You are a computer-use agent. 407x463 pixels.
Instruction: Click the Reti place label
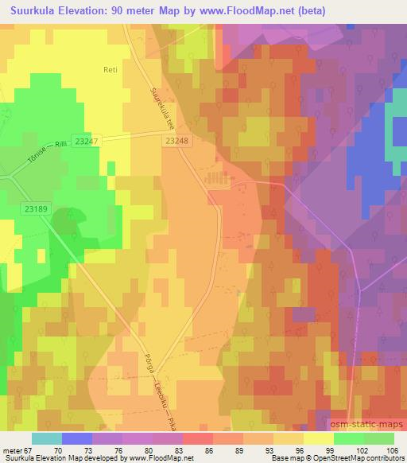click(x=110, y=70)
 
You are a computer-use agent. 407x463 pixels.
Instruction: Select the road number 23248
click(x=180, y=139)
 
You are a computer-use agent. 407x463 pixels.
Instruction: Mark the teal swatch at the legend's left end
click(x=47, y=438)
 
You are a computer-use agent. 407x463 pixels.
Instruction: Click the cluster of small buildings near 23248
click(x=217, y=180)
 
